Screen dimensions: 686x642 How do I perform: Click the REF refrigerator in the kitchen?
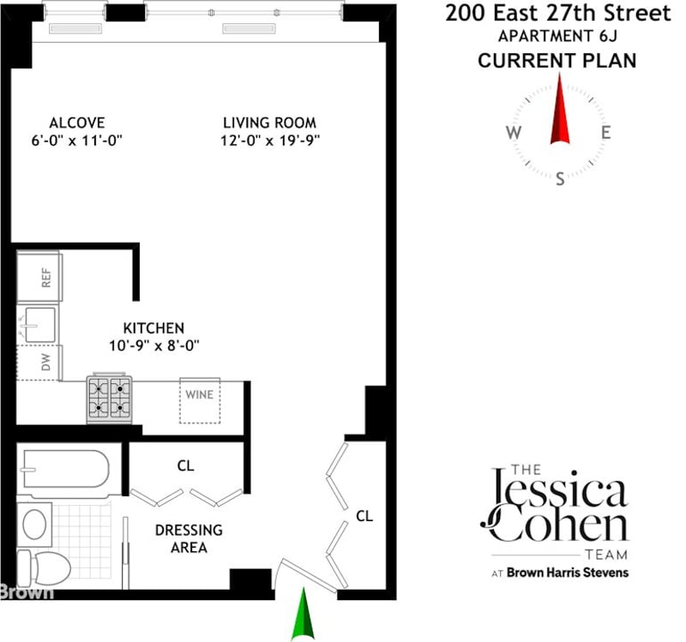coord(39,277)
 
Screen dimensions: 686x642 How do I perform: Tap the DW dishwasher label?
coord(46,362)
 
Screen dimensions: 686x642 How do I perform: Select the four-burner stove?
coord(110,399)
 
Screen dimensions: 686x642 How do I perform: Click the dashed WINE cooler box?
coord(200,400)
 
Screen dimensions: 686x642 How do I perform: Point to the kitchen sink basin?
coord(40,325)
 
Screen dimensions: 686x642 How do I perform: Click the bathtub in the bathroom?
coord(66,469)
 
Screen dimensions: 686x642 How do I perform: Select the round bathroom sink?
coord(34,524)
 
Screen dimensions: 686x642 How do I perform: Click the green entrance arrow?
coord(304,615)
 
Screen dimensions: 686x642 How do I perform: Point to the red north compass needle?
coord(560,109)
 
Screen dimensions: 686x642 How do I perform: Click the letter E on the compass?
coord(606,132)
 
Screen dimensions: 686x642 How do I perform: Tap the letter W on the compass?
coord(514,132)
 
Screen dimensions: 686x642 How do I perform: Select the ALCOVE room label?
coord(77,123)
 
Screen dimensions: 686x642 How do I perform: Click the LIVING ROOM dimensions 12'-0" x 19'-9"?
coord(270,141)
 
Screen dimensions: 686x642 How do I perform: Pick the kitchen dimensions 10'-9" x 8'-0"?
coord(154,345)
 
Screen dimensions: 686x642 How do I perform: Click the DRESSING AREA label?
coord(189,538)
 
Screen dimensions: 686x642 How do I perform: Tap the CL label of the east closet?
coord(364,516)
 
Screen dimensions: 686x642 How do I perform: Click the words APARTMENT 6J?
coord(558,36)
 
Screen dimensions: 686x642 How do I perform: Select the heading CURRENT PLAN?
coord(557,60)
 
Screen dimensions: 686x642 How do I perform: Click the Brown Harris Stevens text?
coord(568,573)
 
